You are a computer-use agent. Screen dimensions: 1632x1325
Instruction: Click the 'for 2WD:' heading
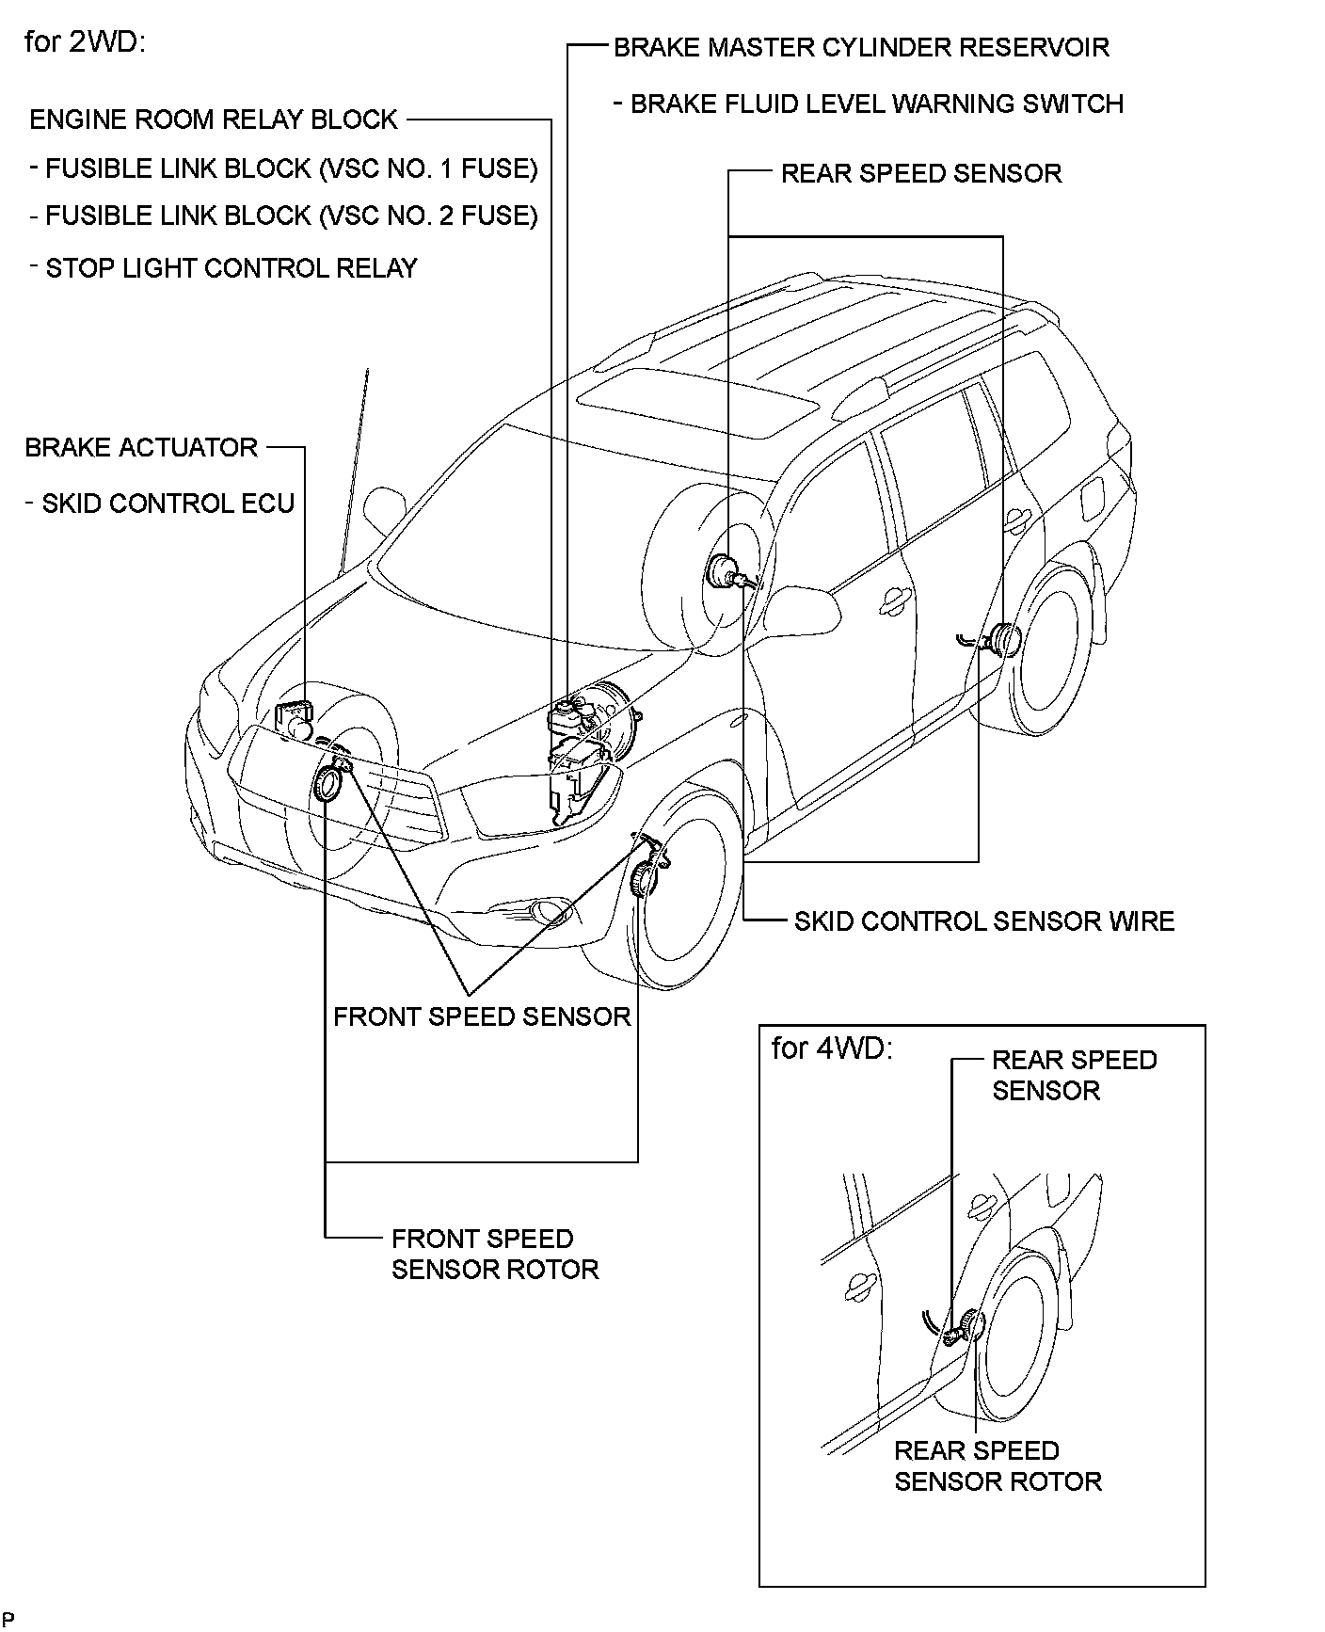click(84, 43)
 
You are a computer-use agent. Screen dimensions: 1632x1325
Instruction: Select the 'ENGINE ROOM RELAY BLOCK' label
click(214, 120)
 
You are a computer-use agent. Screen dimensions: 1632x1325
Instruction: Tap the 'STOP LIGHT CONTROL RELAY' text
click(231, 268)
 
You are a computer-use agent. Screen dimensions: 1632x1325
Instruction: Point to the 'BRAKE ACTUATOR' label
click(141, 447)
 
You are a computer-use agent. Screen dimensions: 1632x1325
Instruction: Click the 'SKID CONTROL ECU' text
click(168, 504)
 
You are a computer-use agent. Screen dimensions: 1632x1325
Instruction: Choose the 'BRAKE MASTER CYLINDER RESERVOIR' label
click(861, 47)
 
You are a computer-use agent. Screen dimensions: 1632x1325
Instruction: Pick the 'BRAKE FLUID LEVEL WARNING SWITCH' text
click(876, 104)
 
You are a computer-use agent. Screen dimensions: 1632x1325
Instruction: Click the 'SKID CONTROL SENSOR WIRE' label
click(984, 920)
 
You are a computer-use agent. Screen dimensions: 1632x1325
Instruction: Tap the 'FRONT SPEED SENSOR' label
click(482, 1016)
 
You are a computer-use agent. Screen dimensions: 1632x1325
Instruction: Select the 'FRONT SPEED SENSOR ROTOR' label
click(495, 1254)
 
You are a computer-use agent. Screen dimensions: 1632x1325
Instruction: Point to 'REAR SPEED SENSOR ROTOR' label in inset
click(998, 1465)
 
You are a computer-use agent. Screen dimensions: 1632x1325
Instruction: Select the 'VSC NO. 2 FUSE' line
click(292, 216)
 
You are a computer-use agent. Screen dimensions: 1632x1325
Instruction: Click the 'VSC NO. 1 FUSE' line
click(292, 168)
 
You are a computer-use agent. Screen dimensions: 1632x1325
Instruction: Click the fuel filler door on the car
click(1094, 498)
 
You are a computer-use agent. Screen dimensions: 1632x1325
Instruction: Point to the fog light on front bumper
click(544, 910)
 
